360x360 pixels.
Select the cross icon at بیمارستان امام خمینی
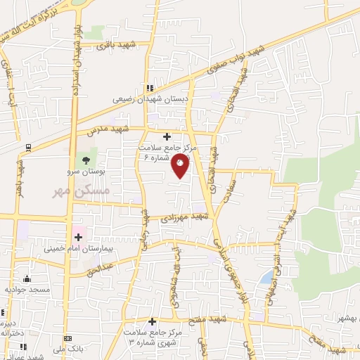coord(79,238)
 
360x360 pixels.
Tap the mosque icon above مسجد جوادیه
coord(27,278)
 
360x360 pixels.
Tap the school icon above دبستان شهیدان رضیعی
coord(149,89)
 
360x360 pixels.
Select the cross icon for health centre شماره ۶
coord(167,136)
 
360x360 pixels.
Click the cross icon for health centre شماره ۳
coord(152,321)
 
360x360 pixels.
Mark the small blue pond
coord(265,279)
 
